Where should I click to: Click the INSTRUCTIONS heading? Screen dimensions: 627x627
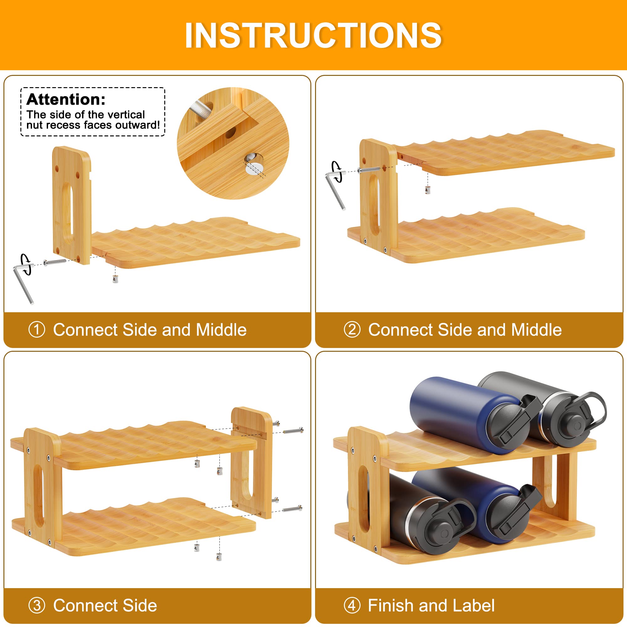click(313, 35)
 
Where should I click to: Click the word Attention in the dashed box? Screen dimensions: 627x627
click(66, 99)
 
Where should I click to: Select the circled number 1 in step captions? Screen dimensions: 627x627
click(37, 329)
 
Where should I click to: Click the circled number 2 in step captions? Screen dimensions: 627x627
click(352, 329)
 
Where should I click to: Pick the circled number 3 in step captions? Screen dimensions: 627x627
click(37, 605)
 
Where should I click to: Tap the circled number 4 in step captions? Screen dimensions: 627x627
click(352, 605)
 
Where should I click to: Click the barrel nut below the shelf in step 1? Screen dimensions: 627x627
click(115, 279)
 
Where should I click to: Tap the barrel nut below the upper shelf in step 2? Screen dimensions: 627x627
click(427, 190)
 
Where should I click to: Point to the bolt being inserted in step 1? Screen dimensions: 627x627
click(55, 262)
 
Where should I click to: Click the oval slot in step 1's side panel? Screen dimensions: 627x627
click(67, 213)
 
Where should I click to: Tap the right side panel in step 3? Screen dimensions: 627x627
click(251, 462)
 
